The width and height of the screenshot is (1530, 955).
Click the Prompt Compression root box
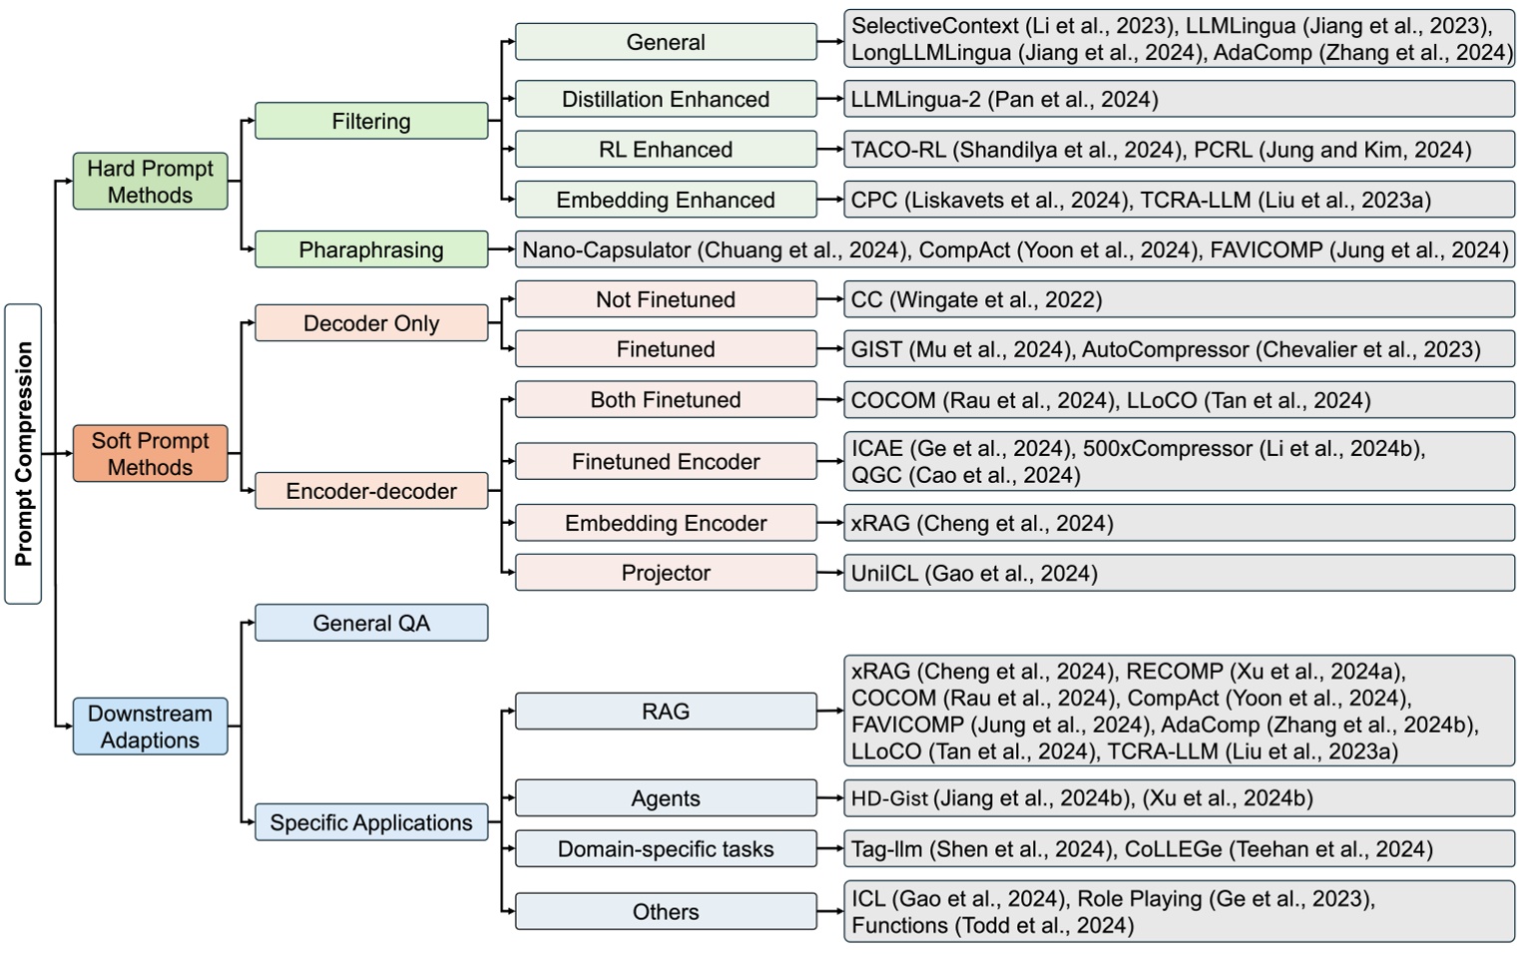23,454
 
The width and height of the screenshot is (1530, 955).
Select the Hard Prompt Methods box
150,182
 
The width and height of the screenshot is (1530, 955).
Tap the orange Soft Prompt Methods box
150,454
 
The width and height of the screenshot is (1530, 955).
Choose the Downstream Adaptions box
150,726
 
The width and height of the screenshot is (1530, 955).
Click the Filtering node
371,121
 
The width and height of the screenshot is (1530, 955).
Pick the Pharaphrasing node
371,249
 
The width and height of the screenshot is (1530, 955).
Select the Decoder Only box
371,323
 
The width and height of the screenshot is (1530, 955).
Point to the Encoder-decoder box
371,491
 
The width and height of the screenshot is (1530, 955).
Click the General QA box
371,623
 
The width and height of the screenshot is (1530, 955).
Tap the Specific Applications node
371,822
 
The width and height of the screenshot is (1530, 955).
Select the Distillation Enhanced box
666,99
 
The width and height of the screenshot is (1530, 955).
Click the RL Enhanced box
666,150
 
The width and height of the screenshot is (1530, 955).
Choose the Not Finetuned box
666,299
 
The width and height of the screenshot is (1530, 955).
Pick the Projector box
666,573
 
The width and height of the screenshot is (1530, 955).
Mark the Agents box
666,798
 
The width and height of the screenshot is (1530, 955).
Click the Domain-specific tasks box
666,849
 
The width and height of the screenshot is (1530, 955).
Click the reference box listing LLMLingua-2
1179,99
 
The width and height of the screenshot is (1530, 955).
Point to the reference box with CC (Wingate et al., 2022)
1179,299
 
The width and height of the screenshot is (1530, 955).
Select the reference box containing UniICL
1179,573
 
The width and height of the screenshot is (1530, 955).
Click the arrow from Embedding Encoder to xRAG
830,523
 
